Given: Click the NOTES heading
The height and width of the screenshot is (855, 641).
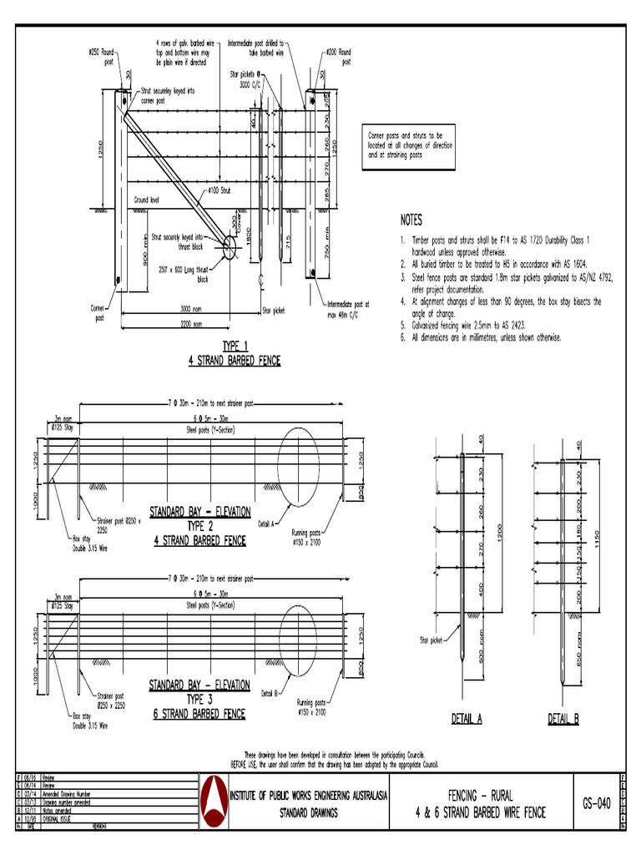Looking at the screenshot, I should (411, 220).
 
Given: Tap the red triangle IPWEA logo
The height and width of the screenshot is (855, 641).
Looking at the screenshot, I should (215, 801).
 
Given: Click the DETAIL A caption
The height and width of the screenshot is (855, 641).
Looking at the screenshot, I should (467, 719).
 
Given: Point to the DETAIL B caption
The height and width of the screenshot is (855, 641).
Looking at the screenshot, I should (563, 719).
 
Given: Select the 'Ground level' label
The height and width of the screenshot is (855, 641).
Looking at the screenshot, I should (147, 201).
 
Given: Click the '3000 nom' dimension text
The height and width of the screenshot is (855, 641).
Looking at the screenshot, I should (190, 309).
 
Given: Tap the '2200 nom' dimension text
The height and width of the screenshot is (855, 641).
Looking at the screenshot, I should (190, 325).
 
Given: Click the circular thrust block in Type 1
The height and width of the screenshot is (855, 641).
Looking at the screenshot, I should (230, 247).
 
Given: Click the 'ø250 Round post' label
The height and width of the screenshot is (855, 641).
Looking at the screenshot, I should (100, 56).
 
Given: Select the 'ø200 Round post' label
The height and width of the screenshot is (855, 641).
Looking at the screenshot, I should (338, 56).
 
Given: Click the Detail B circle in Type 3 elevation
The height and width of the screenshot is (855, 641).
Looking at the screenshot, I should (298, 634).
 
